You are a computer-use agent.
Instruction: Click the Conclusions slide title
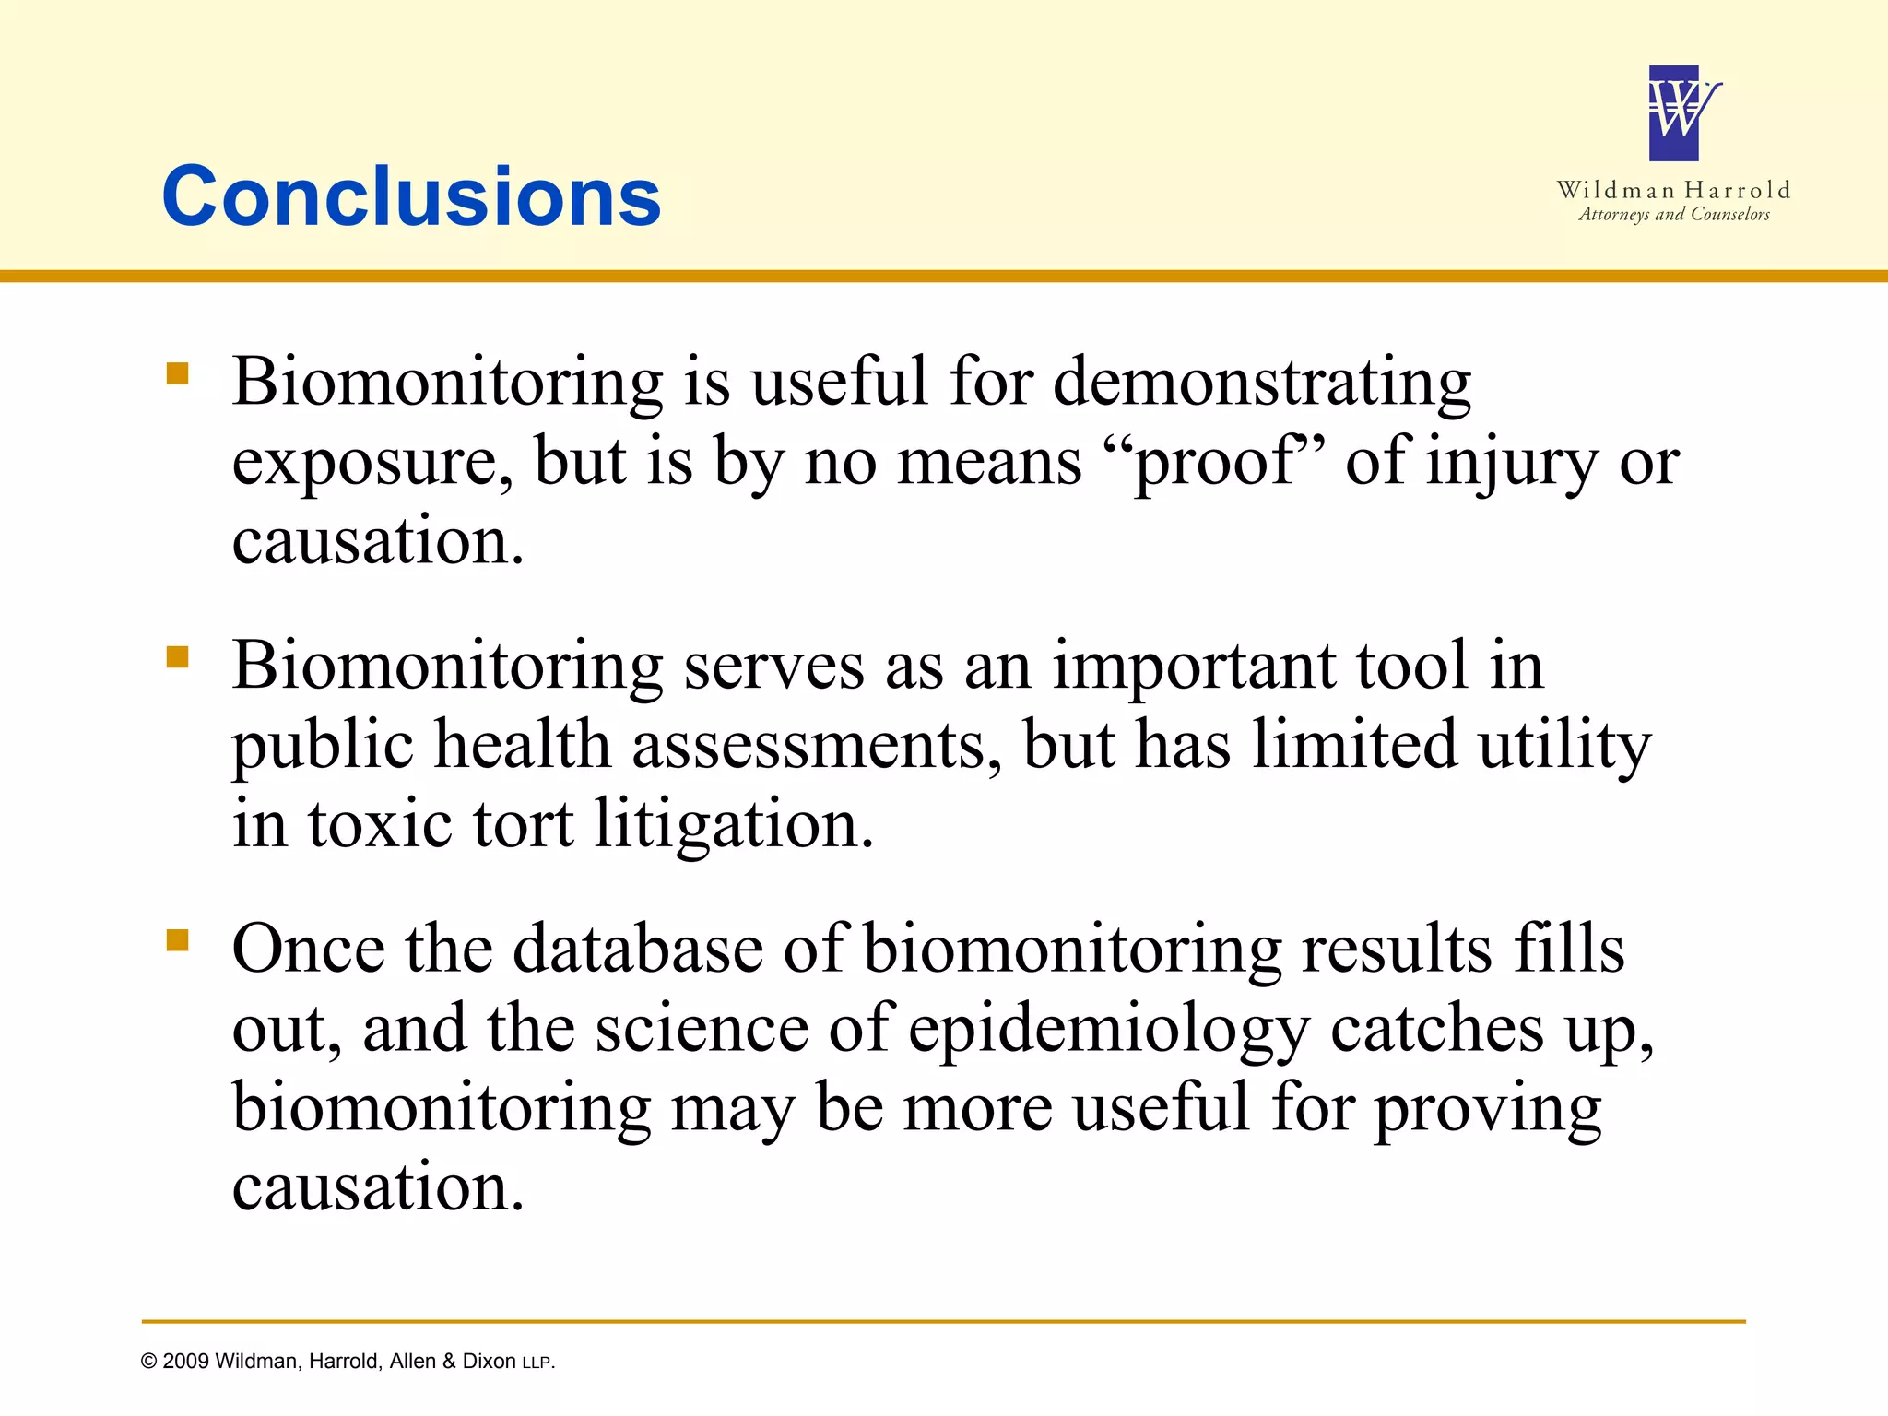(411, 196)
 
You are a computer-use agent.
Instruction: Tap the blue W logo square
(1674, 113)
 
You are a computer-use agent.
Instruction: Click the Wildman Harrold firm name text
(1673, 190)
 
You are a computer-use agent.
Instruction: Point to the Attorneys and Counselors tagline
(1673, 214)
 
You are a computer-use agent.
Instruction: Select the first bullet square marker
(177, 373)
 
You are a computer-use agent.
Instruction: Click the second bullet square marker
(177, 656)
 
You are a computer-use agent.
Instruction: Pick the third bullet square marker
(177, 939)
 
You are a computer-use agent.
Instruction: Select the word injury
(1512, 462)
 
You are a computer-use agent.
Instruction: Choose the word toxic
(380, 823)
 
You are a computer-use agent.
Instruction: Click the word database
(637, 949)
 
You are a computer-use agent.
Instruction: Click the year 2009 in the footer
(186, 1362)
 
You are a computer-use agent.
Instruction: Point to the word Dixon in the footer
(489, 1362)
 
